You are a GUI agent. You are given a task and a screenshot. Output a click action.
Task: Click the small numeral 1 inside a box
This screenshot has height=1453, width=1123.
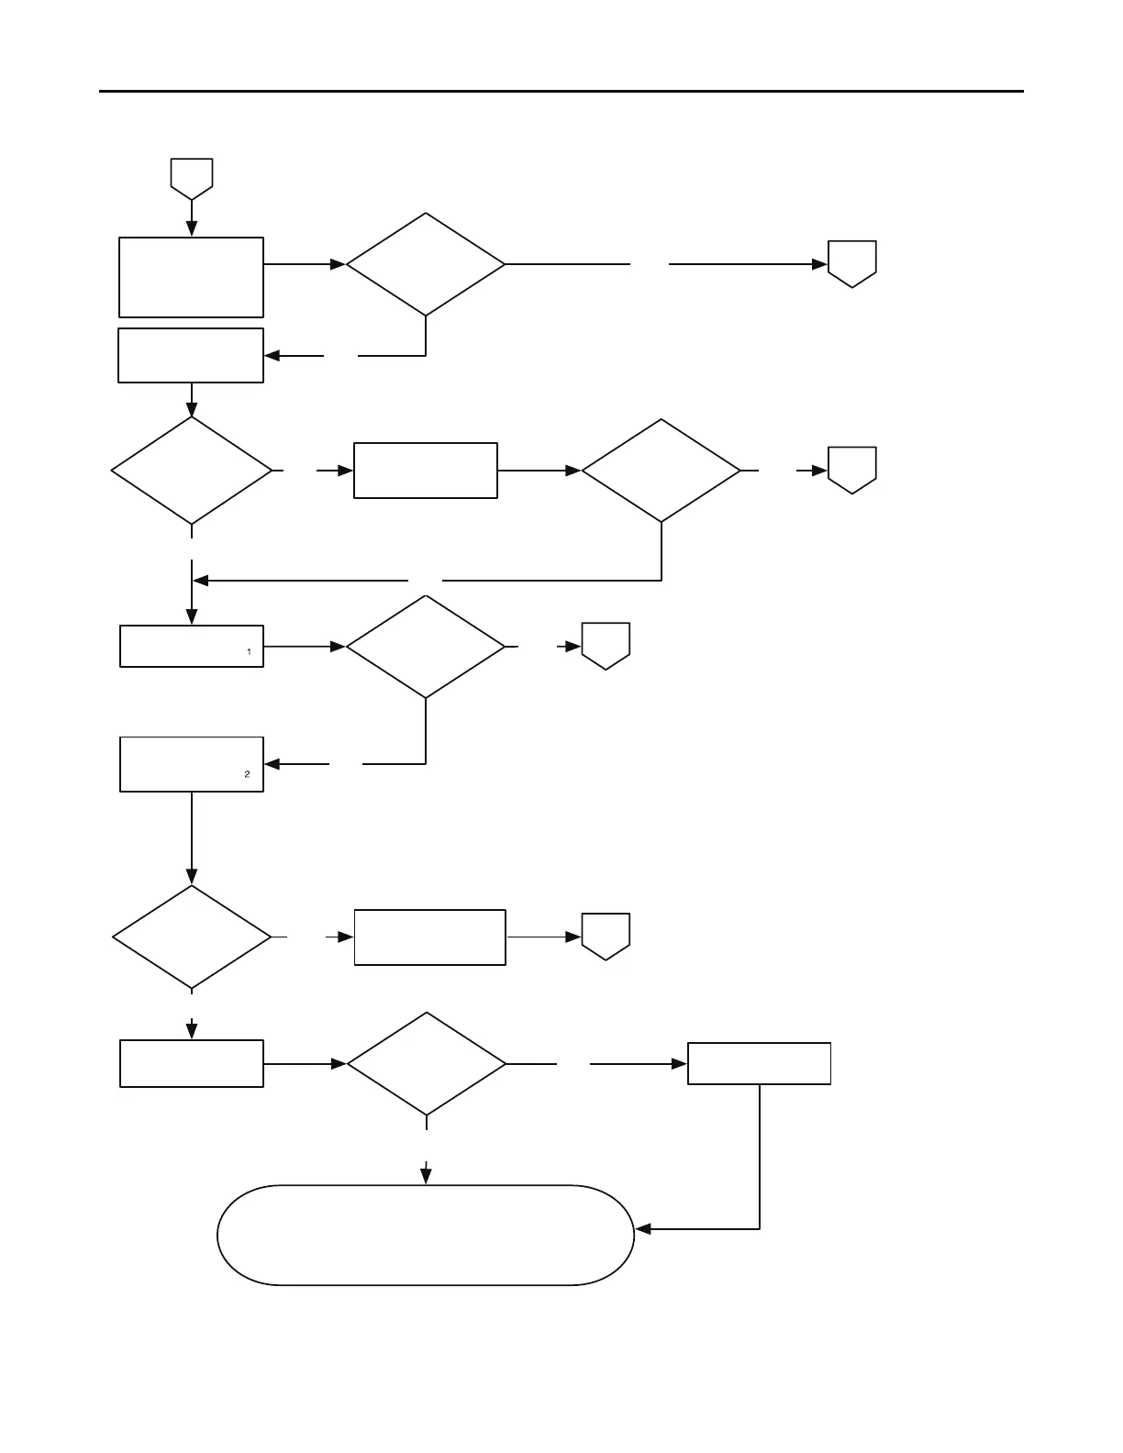pyautogui.click(x=249, y=651)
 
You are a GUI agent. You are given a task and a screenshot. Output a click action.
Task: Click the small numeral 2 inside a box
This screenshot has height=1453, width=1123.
pyautogui.click(x=247, y=774)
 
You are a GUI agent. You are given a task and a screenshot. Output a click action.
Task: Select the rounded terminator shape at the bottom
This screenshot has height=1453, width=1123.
pyautogui.click(x=426, y=1235)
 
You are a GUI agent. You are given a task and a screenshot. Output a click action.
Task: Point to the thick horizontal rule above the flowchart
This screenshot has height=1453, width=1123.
pyautogui.click(x=561, y=92)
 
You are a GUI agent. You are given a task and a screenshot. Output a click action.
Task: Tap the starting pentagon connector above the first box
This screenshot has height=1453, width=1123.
pyautogui.click(x=192, y=178)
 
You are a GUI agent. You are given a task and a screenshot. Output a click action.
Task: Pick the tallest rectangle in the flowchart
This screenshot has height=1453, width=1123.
pyautogui.click(x=191, y=277)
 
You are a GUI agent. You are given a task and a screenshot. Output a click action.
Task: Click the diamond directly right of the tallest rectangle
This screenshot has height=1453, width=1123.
pyautogui.click(x=426, y=264)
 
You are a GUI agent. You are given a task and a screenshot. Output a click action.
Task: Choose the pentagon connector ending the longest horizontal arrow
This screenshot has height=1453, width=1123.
pyautogui.click(x=852, y=264)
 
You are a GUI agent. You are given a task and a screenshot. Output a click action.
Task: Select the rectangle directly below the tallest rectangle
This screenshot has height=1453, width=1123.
pyautogui.click(x=191, y=355)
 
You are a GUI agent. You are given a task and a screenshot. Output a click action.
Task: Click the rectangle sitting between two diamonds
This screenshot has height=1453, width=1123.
pyautogui.click(x=426, y=471)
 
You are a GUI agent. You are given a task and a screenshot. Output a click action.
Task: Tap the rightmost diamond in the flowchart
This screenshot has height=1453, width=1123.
pyautogui.click(x=662, y=471)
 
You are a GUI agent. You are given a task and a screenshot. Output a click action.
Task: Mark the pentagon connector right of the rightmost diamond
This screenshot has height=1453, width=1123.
pyautogui.click(x=852, y=471)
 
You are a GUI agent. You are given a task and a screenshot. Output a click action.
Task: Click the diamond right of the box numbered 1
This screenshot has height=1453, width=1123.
pyautogui.click(x=426, y=647)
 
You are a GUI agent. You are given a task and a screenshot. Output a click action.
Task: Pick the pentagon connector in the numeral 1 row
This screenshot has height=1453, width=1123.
pyautogui.click(x=606, y=646)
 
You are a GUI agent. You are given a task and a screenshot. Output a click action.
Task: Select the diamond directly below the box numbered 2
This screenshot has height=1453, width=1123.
pyautogui.click(x=192, y=937)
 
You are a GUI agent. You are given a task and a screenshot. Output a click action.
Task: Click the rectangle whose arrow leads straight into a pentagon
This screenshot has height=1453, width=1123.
pyautogui.click(x=429, y=937)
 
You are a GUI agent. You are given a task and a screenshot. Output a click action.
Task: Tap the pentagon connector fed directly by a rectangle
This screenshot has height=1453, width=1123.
pyautogui.click(x=606, y=937)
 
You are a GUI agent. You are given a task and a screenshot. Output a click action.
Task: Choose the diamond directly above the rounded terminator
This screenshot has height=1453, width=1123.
pyautogui.click(x=427, y=1064)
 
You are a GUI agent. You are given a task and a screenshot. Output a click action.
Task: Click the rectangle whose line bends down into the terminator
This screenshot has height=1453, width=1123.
pyautogui.click(x=760, y=1064)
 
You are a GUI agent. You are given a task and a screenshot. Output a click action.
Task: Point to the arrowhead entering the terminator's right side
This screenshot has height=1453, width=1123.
pyautogui.click(x=643, y=1228)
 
